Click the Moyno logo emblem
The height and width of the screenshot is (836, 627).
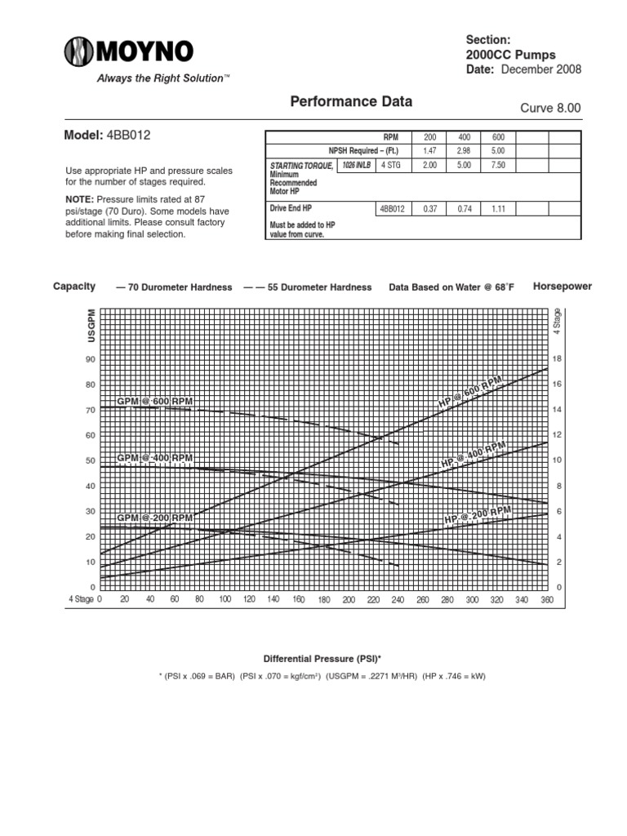coord(79,53)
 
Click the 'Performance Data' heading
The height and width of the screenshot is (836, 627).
coord(351,102)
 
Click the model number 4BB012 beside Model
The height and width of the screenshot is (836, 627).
coord(128,135)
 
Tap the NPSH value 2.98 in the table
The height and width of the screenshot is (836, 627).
coord(462,151)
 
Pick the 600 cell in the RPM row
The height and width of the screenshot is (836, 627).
coord(498,136)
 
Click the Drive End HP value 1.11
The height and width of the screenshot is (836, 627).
coord(498,209)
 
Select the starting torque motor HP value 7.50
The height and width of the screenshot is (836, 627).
coord(498,165)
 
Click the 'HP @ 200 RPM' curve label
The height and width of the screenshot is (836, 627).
coord(478,515)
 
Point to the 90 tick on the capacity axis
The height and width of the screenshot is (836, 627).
coord(90,359)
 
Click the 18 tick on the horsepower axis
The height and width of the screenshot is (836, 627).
coord(558,359)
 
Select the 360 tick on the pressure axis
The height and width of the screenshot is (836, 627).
coord(547,599)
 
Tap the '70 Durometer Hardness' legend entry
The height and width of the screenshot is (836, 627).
coord(163,287)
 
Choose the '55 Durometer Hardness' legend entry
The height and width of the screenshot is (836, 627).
coord(307,287)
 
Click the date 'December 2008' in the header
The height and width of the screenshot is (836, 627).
coord(540,69)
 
